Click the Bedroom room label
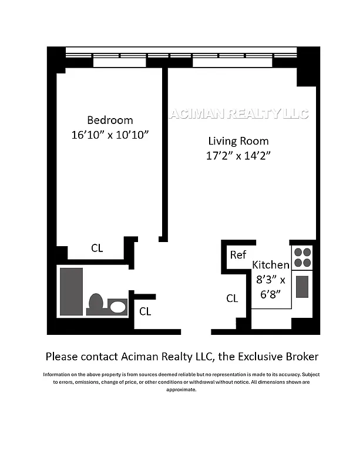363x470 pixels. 110,120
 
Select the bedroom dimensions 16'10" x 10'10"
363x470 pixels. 110,135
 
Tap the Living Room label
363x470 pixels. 238,141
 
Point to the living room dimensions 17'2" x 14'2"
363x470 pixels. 238,156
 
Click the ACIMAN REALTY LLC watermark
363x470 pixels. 238,114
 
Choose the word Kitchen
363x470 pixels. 271,265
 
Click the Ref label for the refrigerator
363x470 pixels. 237,255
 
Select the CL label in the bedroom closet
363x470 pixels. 97,248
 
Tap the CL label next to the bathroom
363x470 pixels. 145,311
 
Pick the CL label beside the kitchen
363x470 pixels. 232,298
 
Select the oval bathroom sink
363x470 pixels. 118,306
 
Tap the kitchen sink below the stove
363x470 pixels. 302,287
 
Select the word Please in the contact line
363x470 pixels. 62,357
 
